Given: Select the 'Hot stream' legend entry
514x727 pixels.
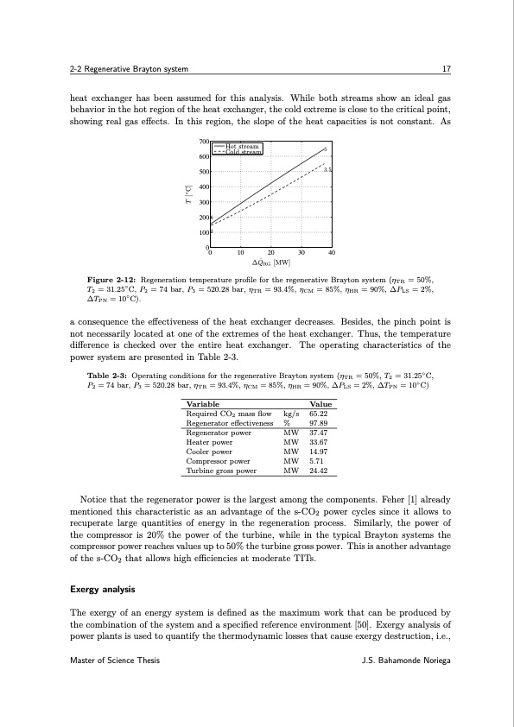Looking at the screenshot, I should point(243,147).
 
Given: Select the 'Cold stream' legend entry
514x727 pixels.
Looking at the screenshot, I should point(243,153).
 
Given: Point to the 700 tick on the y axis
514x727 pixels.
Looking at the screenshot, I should point(203,142).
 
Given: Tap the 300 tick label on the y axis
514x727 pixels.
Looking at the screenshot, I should point(203,202).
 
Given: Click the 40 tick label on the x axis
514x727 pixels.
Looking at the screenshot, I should point(332,253).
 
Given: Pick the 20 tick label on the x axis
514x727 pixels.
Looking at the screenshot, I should point(270,253).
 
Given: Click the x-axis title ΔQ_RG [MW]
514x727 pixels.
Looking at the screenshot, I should point(270,262).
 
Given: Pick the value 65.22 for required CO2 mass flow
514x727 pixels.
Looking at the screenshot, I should point(320,414).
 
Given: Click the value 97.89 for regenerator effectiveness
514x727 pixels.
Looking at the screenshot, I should point(320,423).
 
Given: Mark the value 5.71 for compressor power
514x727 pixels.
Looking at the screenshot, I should point(317,461).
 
